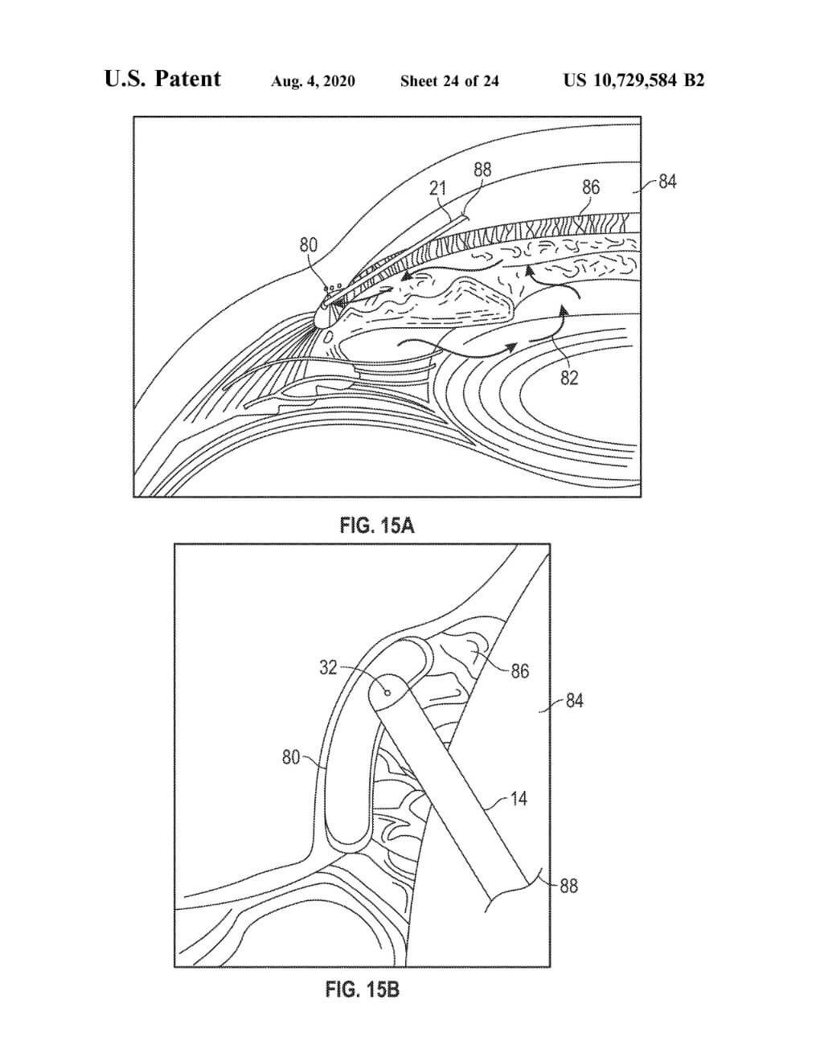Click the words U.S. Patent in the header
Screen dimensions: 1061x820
tap(162, 79)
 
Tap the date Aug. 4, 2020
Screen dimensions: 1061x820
tap(313, 80)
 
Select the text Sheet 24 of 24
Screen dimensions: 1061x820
tap(449, 80)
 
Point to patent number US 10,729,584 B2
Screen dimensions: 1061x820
tap(633, 80)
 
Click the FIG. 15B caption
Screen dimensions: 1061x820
tap(362, 989)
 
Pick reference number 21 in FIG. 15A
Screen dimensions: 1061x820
tap(437, 188)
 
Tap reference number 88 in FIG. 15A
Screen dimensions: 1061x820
tap(482, 170)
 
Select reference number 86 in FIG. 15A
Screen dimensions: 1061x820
tap(591, 187)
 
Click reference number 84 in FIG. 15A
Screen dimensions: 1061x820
tap(667, 182)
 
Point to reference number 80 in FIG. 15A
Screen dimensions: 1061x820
tap(309, 245)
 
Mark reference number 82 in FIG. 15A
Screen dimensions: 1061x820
tap(569, 377)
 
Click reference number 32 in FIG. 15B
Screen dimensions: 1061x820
tap(328, 667)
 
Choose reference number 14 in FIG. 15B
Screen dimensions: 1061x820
tap(519, 799)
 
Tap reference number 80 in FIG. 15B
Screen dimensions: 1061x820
tap(291, 756)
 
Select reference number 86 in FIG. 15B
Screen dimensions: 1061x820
tap(519, 670)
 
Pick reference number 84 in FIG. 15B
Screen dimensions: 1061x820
tap(574, 701)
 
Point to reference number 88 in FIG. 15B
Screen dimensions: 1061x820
tap(568, 886)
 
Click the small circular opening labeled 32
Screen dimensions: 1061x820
tap(387, 691)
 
